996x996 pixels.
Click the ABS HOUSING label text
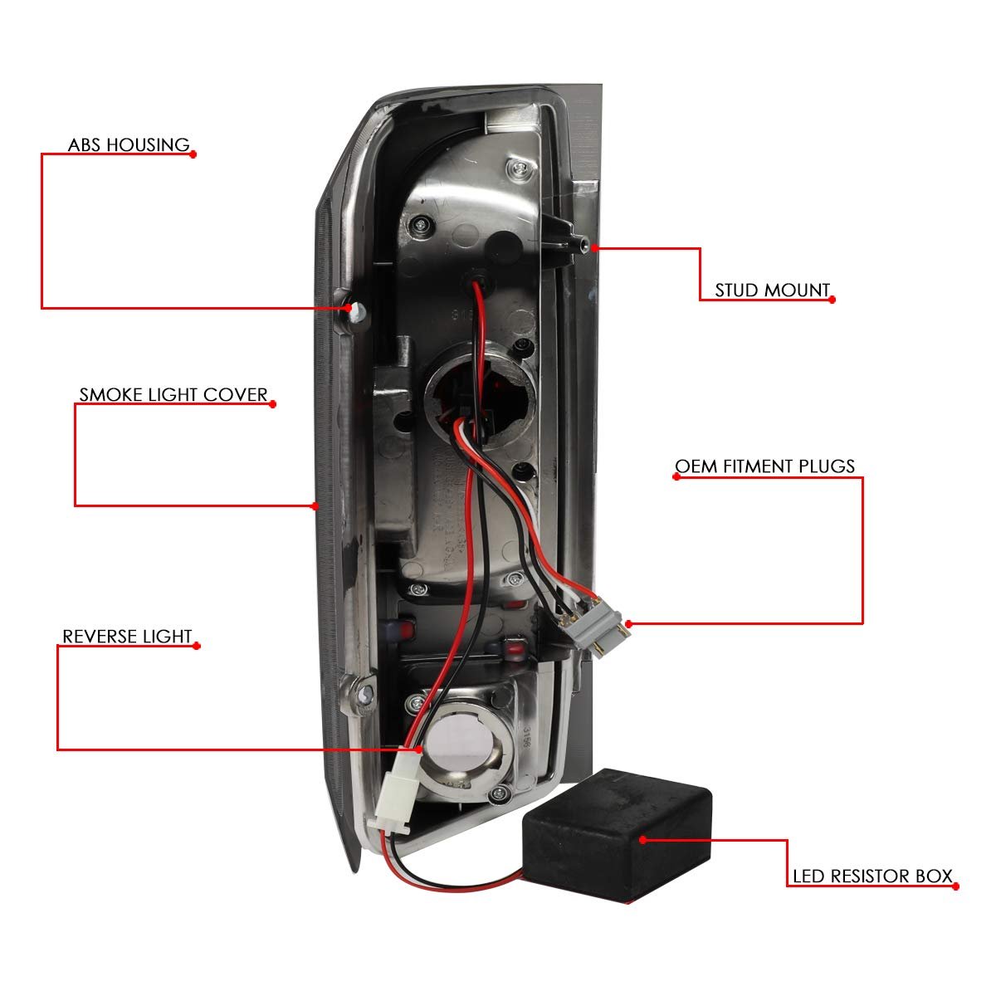click(x=129, y=145)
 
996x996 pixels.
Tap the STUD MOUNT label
click(x=772, y=290)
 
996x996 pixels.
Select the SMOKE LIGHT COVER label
click(x=173, y=394)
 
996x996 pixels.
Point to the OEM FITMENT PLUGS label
click(x=764, y=466)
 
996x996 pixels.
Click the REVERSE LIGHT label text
click(x=127, y=637)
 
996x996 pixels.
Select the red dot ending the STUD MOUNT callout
click(x=832, y=299)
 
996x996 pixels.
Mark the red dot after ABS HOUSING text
click(x=193, y=154)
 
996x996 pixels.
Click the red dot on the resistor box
click(x=644, y=839)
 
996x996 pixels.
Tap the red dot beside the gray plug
click(x=629, y=623)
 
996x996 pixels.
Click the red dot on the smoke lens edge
click(x=315, y=505)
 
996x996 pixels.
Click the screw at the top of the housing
click(x=519, y=170)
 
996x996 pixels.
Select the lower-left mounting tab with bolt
click(x=363, y=696)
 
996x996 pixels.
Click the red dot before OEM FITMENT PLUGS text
click(x=675, y=477)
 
